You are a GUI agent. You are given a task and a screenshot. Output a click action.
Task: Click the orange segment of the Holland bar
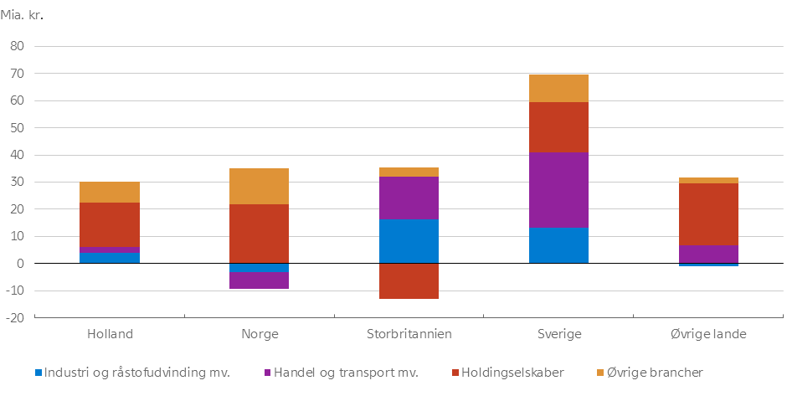(x=110, y=193)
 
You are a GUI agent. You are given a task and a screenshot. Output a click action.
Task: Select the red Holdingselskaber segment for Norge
(x=260, y=234)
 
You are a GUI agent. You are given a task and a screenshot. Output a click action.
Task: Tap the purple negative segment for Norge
(x=260, y=280)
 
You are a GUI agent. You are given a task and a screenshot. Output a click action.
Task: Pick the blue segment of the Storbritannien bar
(x=409, y=241)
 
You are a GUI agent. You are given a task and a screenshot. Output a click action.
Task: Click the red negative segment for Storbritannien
(x=409, y=281)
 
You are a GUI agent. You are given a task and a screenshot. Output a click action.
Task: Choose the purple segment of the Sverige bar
(x=558, y=189)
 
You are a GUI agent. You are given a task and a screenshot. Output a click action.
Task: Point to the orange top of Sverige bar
(x=558, y=89)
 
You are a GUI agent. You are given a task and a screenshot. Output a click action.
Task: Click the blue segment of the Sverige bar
(x=558, y=245)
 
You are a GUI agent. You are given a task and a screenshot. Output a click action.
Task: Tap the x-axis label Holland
(x=110, y=333)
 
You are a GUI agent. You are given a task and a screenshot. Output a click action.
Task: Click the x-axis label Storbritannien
(x=409, y=333)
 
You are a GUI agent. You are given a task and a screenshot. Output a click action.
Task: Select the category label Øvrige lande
(x=708, y=333)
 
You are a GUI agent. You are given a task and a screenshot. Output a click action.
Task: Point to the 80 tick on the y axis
(x=17, y=47)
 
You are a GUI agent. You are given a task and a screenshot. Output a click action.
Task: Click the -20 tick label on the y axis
(x=15, y=318)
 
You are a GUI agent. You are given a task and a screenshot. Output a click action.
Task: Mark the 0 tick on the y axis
(x=20, y=264)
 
